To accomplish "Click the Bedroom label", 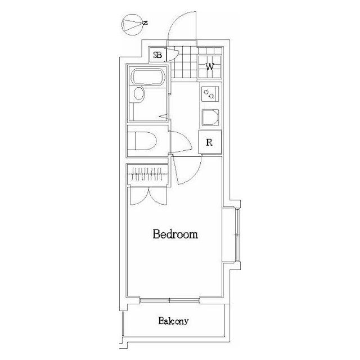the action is (175, 234).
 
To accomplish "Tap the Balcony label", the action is (173, 321).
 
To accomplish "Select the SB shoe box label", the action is (157, 55).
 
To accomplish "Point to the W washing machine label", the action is (210, 67).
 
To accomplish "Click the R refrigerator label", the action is (209, 142).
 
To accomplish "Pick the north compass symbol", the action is (133, 25).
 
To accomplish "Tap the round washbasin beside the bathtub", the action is (139, 94).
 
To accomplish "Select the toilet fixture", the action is (142, 141).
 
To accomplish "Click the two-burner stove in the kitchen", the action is (210, 94).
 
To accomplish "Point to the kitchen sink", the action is (210, 118).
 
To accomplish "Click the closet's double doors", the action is (148, 196).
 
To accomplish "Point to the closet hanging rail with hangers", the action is (147, 174).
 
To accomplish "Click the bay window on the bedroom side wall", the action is (237, 235).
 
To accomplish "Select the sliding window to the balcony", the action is (170, 300).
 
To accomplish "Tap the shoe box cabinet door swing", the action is (172, 55).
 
